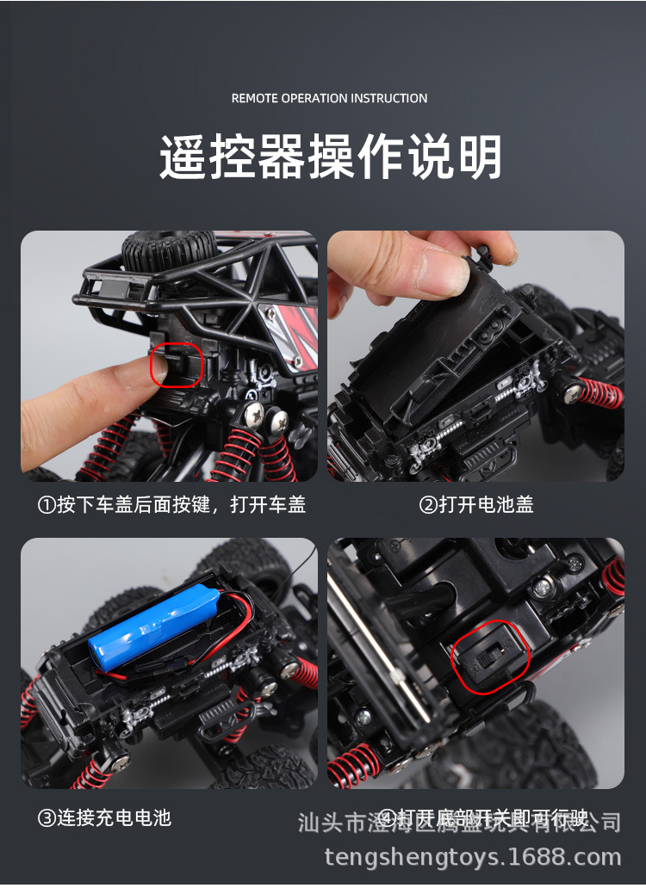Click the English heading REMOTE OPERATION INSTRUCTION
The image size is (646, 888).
click(x=329, y=98)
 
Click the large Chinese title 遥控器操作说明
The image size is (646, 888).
click(x=331, y=157)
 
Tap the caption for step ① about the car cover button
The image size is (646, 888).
click(x=171, y=504)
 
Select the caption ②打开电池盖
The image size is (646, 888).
click(x=475, y=504)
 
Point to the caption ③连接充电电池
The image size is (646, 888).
click(x=104, y=817)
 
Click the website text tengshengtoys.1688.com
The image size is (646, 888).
click(x=473, y=857)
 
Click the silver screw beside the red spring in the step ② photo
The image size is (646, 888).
click(x=572, y=392)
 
